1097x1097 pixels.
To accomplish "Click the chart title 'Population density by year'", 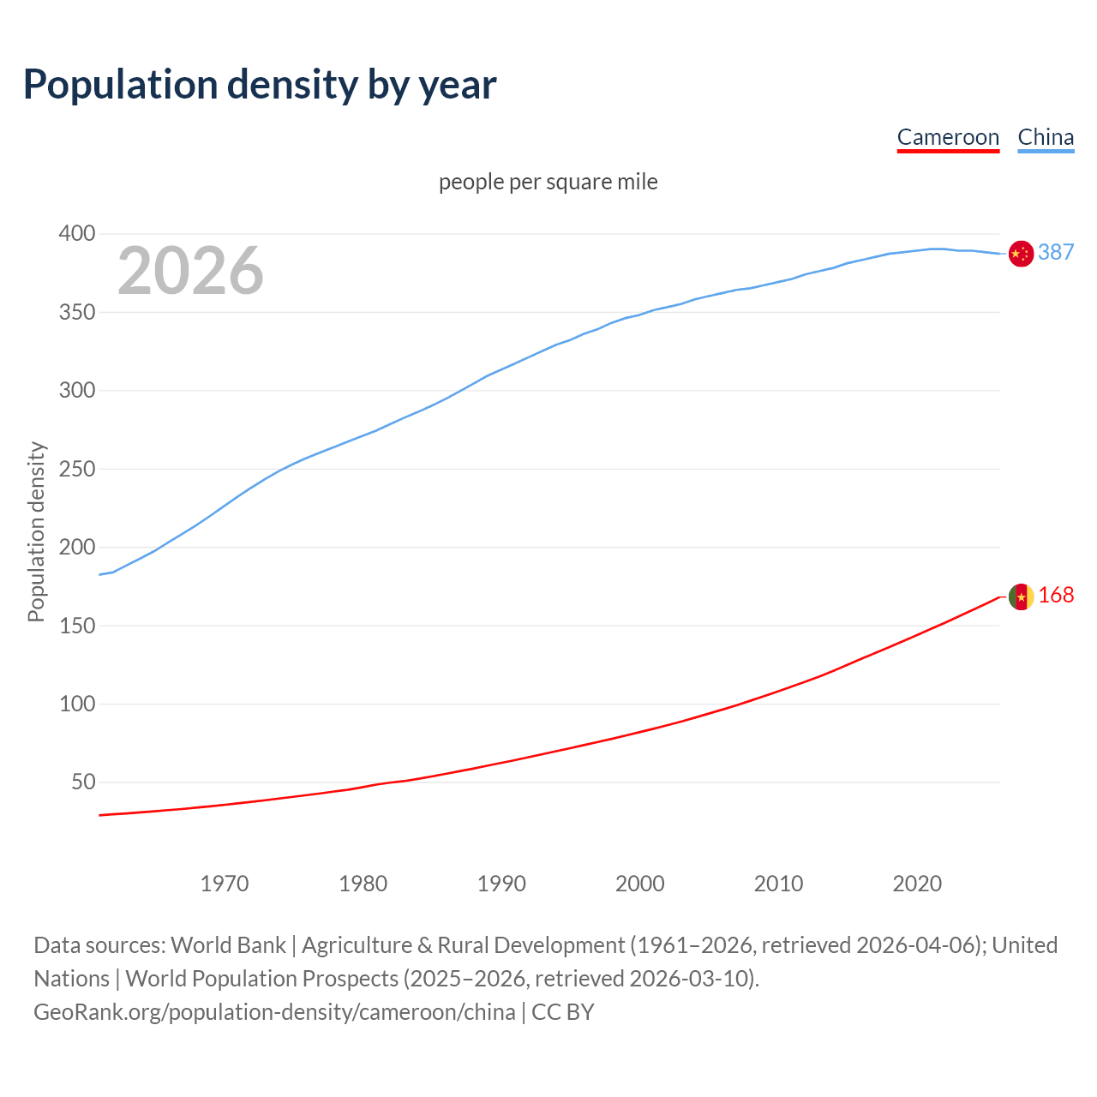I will (260, 84).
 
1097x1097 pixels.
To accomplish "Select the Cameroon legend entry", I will (948, 137).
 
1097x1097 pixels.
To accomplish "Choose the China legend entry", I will (1046, 137).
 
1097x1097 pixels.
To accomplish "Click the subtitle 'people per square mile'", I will (548, 182).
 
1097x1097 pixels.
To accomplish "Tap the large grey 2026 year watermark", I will (190, 271).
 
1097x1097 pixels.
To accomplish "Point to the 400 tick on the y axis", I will (76, 234).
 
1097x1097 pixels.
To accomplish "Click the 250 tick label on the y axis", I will (76, 469).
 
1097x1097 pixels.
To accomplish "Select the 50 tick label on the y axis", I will (82, 782).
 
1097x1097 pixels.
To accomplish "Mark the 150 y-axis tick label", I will (76, 626).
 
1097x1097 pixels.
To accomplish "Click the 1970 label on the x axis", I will (225, 884).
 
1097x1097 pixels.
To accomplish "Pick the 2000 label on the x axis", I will (639, 884).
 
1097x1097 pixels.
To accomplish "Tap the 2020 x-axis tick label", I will (917, 884).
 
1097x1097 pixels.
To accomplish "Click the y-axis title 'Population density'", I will (36, 531).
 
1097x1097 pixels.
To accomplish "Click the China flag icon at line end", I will (1021, 254).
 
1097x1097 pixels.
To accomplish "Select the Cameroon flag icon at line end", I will (1021, 596).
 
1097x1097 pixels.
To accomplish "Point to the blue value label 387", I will (1056, 252).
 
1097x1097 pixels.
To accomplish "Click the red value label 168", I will (1056, 595).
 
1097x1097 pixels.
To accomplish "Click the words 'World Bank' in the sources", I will (228, 944).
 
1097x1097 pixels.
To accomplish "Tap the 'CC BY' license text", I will (563, 1011).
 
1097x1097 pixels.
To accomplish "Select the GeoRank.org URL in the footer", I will (274, 1011).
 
